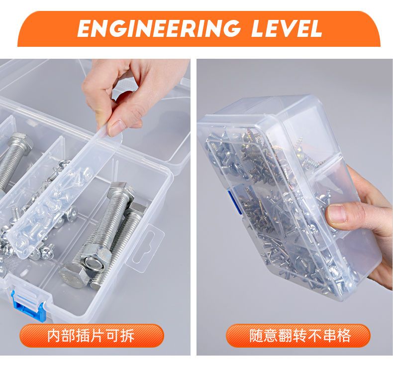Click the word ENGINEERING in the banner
pos(159,28)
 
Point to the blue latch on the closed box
pos(234,202)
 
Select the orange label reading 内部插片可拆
pos(92,335)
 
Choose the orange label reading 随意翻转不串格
pos(298,335)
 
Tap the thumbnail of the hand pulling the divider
pos(95,207)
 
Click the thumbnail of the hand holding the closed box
pos(295,207)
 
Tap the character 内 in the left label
pos(54,335)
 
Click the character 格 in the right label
pos(343,335)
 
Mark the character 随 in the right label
pos(256,335)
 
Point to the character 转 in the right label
pos(299,335)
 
